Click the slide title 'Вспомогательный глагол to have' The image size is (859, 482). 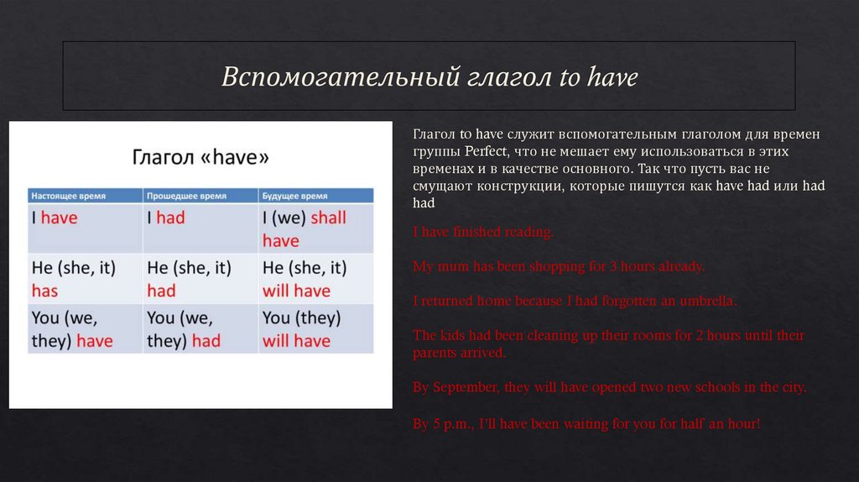pyautogui.click(x=429, y=77)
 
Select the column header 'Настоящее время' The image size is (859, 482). pyautogui.click(x=69, y=195)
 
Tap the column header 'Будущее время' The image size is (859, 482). pyautogui.click(x=296, y=195)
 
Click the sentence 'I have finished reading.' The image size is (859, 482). pyautogui.click(x=482, y=232)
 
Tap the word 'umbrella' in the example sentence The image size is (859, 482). pyautogui.click(x=706, y=301)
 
